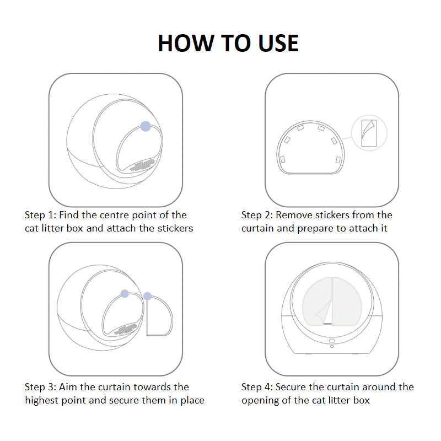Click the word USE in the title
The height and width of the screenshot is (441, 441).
click(x=278, y=44)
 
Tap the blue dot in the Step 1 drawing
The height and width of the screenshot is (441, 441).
click(x=146, y=126)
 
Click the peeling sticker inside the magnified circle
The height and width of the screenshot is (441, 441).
click(x=369, y=133)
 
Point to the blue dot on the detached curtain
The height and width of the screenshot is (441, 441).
click(x=147, y=296)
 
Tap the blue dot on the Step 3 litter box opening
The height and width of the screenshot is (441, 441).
click(x=125, y=294)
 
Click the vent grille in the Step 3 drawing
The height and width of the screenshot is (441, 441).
click(x=125, y=329)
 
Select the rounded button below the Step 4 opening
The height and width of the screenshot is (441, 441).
click(x=332, y=341)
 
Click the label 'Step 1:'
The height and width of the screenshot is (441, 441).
click(x=40, y=216)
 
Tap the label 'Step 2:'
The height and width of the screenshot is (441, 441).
click(x=257, y=216)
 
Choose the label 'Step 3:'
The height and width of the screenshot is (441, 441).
click(x=40, y=388)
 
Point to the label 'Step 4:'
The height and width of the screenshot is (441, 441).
click(x=257, y=388)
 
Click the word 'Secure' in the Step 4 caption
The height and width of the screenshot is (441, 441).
click(x=291, y=388)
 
